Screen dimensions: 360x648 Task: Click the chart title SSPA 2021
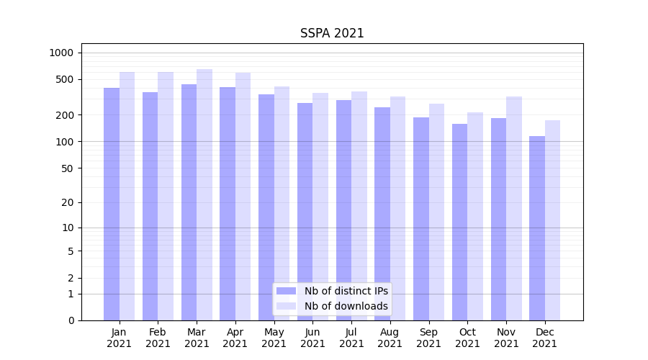332,34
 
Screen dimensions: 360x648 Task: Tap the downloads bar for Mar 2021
204,194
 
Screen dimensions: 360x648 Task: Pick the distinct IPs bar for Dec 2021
537,228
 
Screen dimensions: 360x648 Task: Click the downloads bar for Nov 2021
514,208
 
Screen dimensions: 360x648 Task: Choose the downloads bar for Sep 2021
436,212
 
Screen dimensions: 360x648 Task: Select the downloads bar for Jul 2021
359,206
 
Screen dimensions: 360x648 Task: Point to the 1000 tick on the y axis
61,53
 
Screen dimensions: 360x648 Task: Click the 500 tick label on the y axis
65,79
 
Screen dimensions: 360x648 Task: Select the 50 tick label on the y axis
67,168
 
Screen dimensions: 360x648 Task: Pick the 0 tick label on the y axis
71,320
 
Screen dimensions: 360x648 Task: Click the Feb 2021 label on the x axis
158,338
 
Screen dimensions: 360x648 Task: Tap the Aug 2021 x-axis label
390,338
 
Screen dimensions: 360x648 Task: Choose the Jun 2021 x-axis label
312,338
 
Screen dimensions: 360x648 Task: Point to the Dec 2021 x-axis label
544,338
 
